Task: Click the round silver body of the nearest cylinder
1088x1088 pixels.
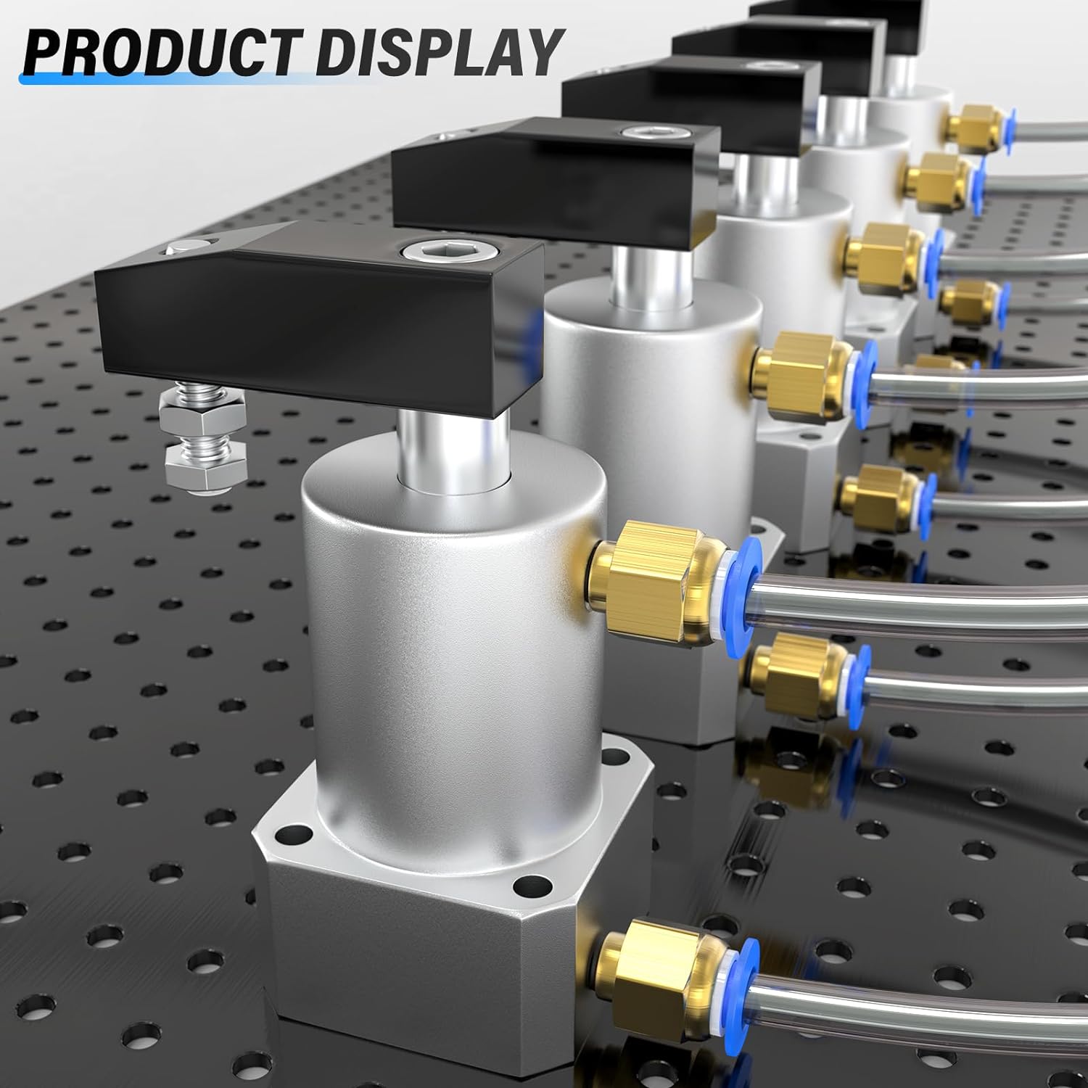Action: point(450,617)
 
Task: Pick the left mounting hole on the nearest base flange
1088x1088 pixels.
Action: point(293,834)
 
